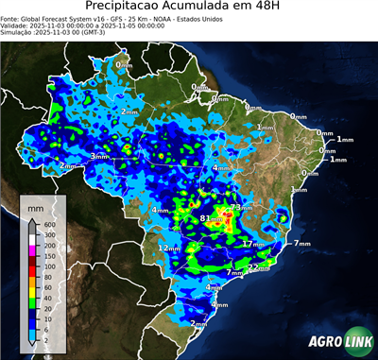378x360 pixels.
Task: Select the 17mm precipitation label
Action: click(x=251, y=244)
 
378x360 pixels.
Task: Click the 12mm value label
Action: click(x=168, y=248)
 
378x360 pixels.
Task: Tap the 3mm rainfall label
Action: click(x=98, y=156)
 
